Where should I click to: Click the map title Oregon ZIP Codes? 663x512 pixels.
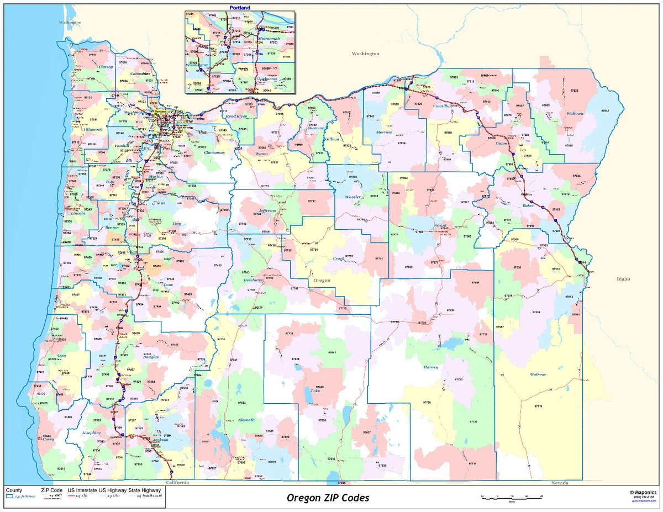(328, 498)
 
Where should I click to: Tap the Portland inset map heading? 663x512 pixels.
(239, 8)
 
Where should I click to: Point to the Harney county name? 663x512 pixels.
(430, 367)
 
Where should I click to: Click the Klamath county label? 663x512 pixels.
(246, 420)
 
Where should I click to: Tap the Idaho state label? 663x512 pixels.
(623, 279)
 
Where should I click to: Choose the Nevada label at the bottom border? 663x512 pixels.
(559, 483)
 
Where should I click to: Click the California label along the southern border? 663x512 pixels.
(177, 482)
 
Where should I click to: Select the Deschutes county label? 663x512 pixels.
(253, 280)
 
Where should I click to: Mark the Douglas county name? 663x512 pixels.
(150, 357)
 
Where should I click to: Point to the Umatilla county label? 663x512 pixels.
(441, 105)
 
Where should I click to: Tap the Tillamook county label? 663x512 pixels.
(93, 129)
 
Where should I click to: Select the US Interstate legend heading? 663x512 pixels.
(82, 490)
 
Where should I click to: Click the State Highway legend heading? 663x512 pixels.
(144, 490)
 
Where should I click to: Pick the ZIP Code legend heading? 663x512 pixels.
(51, 490)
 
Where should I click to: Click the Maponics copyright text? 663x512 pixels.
(642, 492)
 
